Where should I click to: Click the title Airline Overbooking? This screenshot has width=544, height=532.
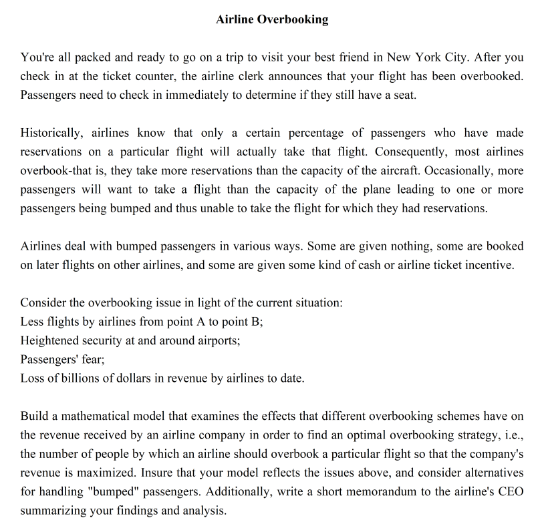point(272,19)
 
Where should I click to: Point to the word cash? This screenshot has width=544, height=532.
point(368,264)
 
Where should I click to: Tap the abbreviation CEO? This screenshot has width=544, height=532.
point(509,492)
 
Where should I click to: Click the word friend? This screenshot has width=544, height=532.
point(352,57)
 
